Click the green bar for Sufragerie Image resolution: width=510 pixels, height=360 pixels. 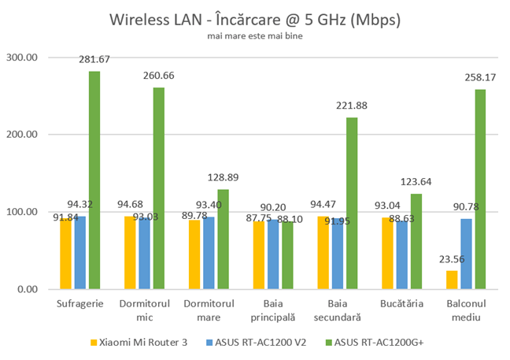pyautogui.click(x=94, y=180)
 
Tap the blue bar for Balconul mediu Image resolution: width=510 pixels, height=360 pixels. pyautogui.click(x=466, y=254)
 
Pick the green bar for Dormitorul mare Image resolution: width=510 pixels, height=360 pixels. pyautogui.click(x=223, y=239)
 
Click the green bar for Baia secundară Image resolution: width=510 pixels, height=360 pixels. pyautogui.click(x=352, y=203)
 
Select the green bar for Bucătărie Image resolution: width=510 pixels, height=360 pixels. pyautogui.click(x=416, y=241)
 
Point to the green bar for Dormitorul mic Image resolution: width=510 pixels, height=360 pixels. pyautogui.click(x=158, y=188)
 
